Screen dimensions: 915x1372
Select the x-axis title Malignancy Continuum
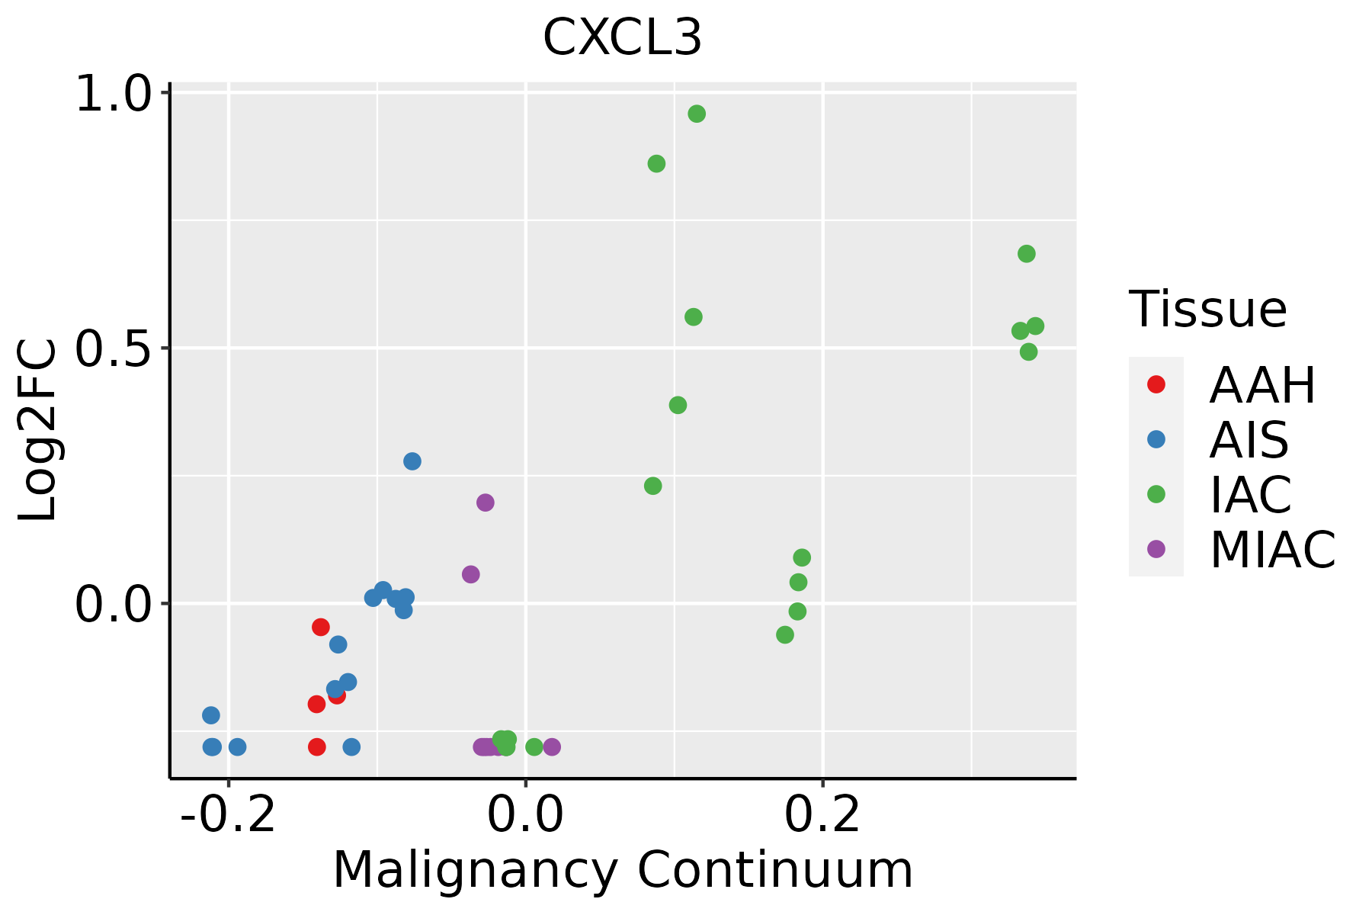623,870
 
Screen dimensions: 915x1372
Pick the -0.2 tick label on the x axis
228,815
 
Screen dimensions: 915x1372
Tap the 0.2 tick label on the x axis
822,815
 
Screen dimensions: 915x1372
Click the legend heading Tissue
1207,310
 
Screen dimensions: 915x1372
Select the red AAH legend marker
1156,384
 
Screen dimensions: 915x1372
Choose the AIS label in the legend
1249,441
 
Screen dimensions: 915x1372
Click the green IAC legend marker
1156,494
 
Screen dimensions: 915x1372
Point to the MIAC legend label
1272,550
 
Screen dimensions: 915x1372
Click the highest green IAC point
697,114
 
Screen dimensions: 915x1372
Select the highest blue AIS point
412,461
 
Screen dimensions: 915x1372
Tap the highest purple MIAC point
486,502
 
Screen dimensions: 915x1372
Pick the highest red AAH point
321,627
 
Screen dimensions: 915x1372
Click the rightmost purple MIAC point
552,746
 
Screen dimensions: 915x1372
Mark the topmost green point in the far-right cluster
1027,254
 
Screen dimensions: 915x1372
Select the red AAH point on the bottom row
317,746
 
